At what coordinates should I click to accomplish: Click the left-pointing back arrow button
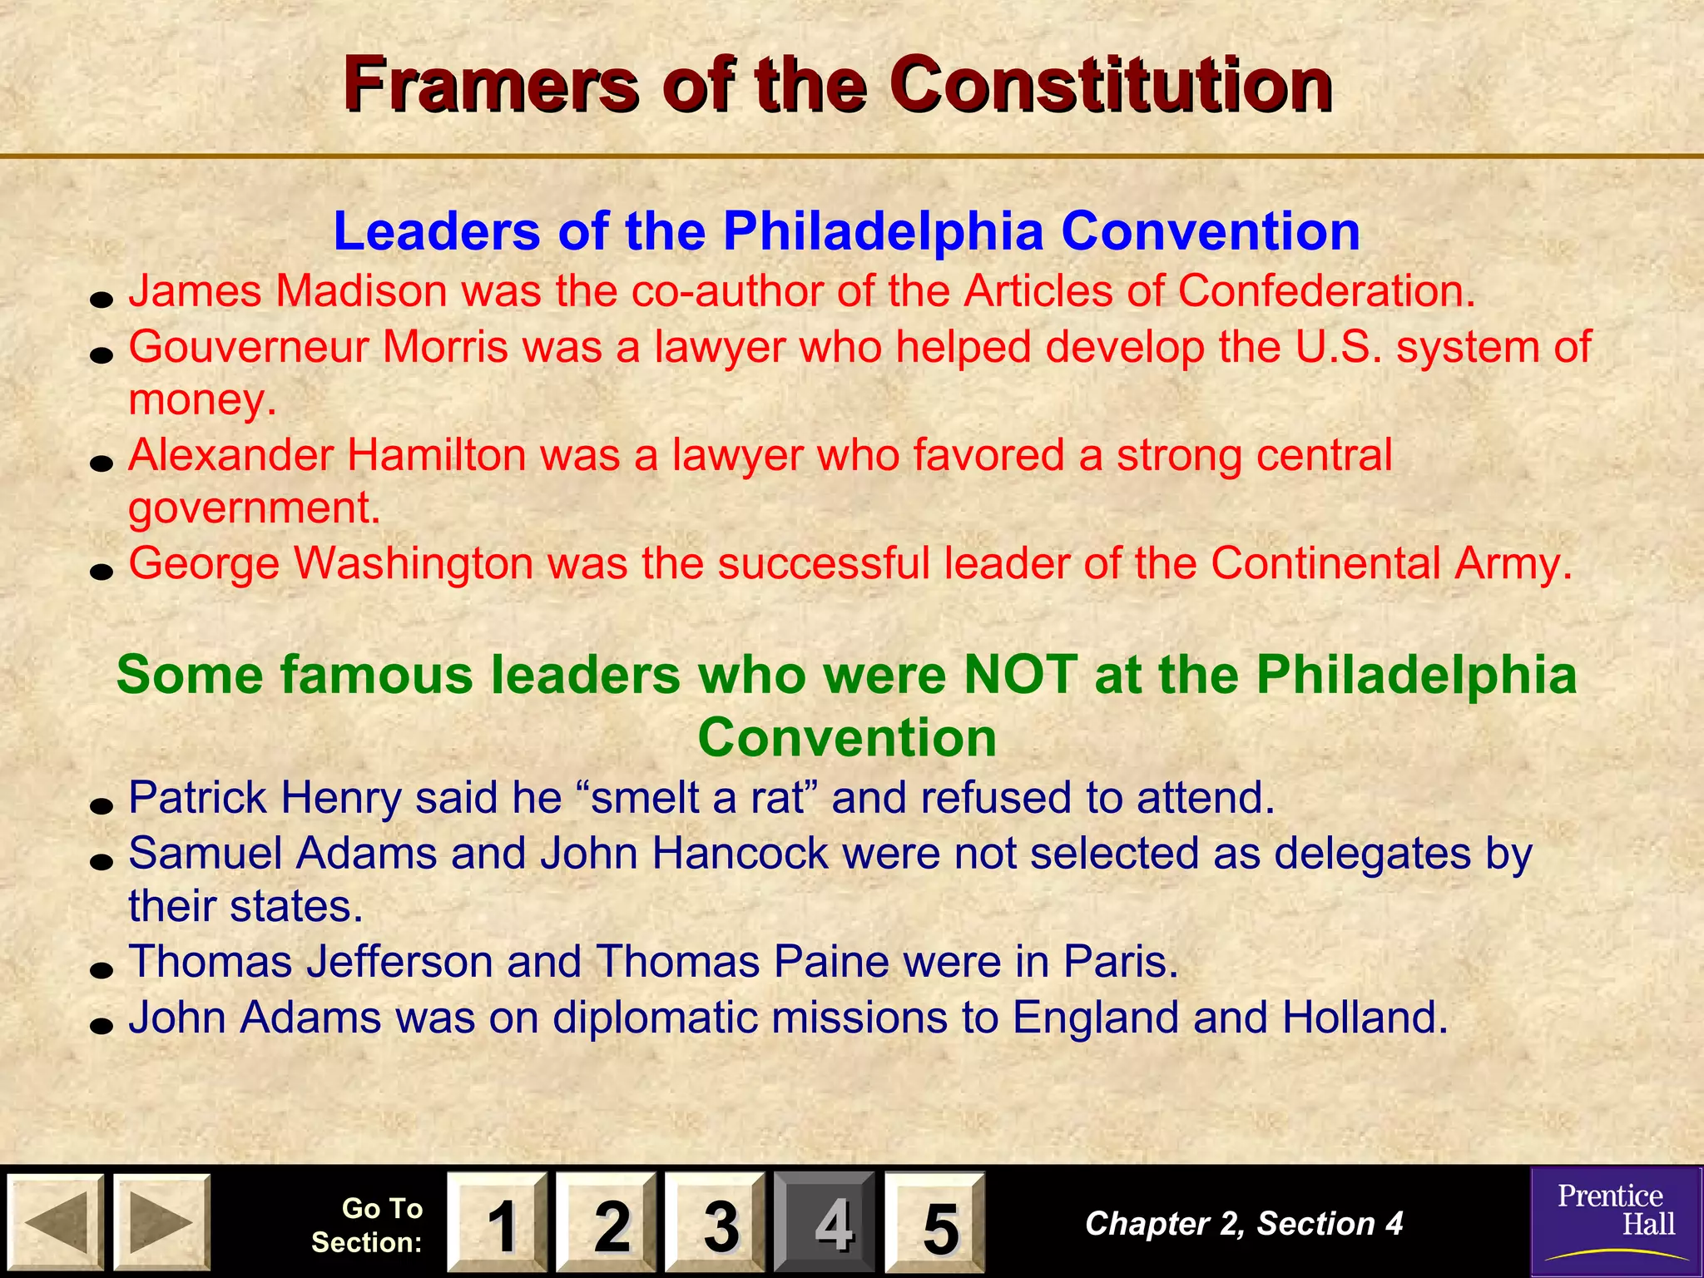55,1222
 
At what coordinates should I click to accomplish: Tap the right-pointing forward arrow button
161,1222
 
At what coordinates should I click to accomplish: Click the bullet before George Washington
102,572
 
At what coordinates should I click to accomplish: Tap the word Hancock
740,853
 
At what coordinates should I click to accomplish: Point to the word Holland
1365,1017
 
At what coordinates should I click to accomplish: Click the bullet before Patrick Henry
102,805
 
